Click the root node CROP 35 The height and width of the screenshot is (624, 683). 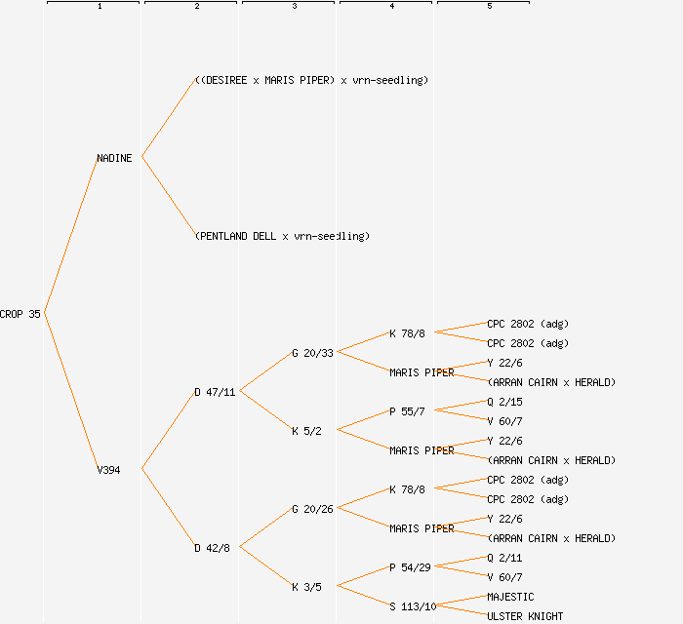(20, 314)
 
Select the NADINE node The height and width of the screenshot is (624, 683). (114, 158)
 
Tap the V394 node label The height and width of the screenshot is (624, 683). (108, 470)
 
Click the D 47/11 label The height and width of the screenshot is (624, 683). (215, 392)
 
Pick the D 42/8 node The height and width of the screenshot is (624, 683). (212, 548)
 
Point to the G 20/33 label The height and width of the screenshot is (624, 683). (312, 353)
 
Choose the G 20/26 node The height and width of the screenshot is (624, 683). (312, 509)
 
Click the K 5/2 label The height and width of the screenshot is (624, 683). (306, 431)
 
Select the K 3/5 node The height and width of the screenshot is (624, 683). (306, 587)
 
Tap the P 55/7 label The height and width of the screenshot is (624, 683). (407, 411)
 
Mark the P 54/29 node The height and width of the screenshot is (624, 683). (410, 567)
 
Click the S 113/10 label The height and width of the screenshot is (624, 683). (413, 606)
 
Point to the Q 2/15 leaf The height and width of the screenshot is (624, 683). (504, 402)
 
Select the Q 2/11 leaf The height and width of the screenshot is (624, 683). (504, 558)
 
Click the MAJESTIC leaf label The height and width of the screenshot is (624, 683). (510, 597)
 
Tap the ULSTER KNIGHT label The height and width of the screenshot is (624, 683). (525, 616)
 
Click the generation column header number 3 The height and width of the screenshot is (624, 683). (295, 7)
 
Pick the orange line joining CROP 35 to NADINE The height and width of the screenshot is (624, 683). (70, 236)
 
